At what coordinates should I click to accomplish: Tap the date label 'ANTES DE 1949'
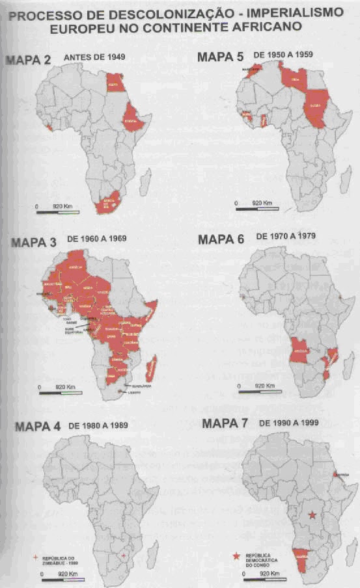(x=94, y=58)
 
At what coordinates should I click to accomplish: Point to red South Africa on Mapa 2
(x=106, y=204)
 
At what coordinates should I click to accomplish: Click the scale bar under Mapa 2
(x=58, y=210)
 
